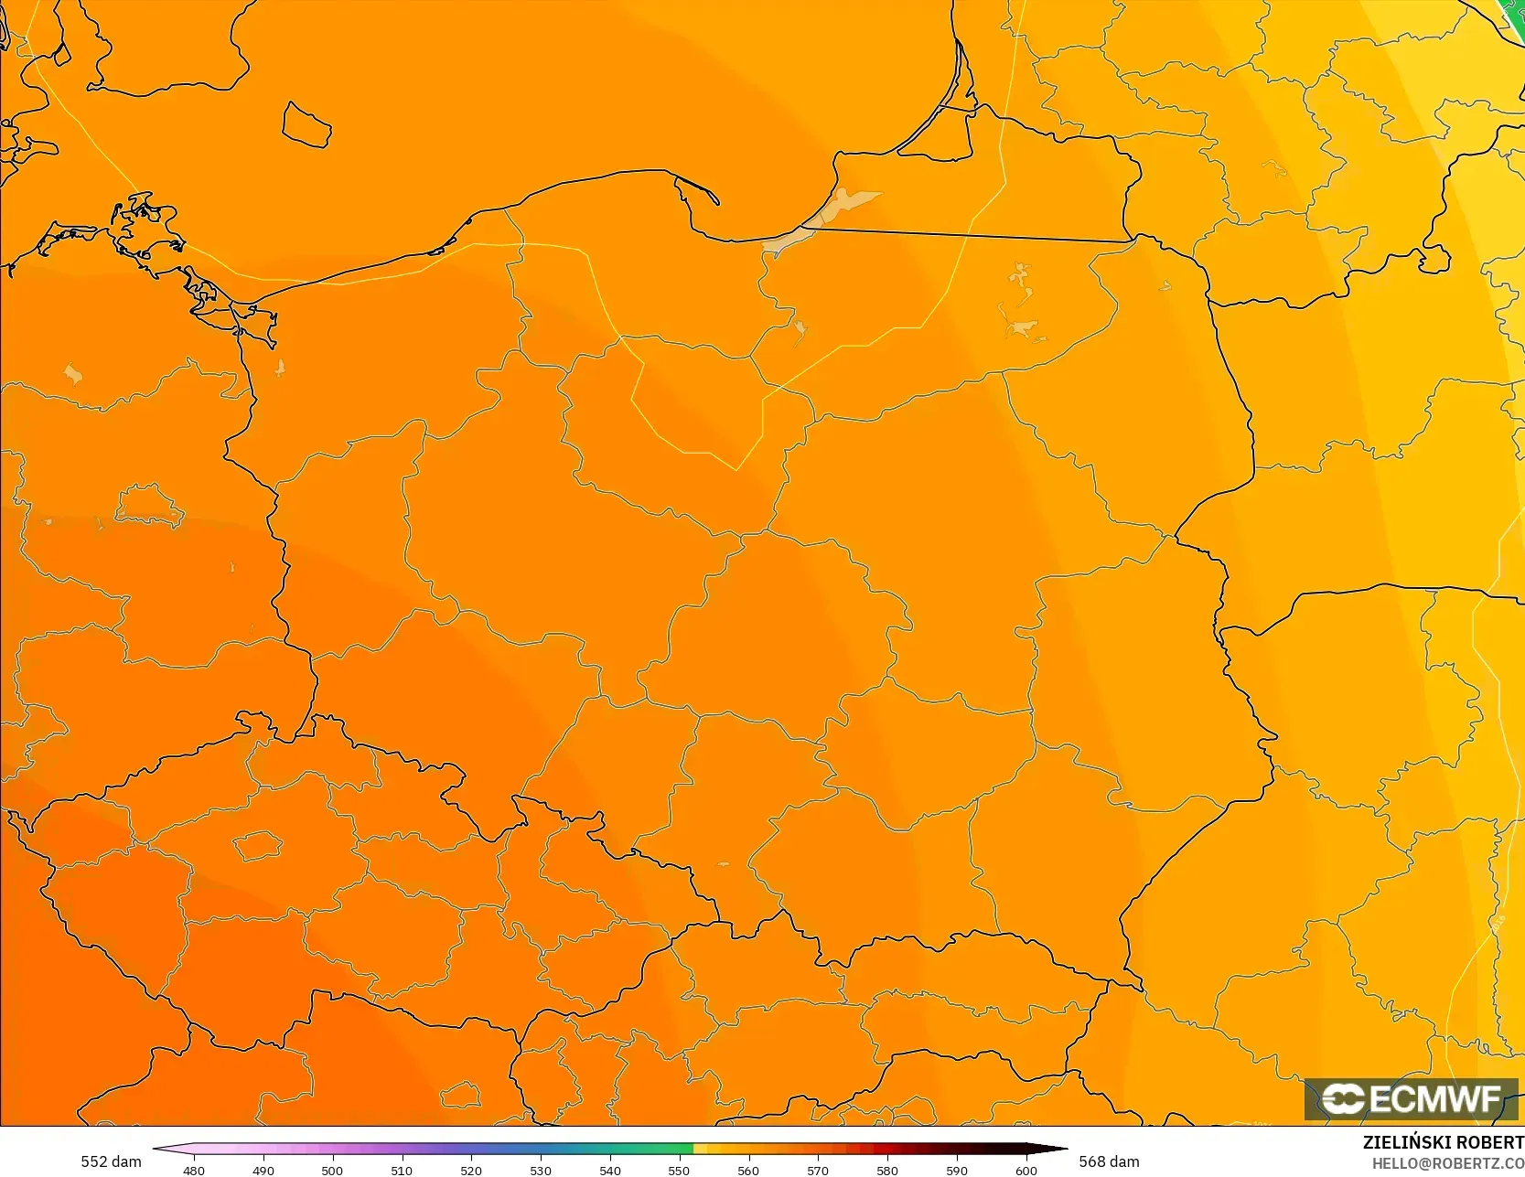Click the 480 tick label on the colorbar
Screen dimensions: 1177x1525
point(194,1170)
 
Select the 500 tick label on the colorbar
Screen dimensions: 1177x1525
point(332,1170)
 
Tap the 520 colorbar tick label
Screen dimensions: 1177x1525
point(471,1170)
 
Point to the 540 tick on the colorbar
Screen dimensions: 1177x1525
point(610,1170)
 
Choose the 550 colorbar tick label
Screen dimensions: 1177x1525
point(679,1170)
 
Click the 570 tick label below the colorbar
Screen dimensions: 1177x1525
point(818,1170)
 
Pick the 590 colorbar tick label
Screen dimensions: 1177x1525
point(957,1170)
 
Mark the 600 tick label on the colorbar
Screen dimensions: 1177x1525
point(1026,1170)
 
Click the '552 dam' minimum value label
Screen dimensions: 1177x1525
point(111,1161)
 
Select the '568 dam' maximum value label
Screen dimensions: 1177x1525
point(1109,1161)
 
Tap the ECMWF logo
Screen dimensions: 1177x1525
point(1411,1099)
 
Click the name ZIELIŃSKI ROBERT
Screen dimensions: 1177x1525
point(1443,1142)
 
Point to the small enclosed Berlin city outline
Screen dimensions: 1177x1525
point(149,506)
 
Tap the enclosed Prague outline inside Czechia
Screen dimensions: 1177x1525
point(258,845)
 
